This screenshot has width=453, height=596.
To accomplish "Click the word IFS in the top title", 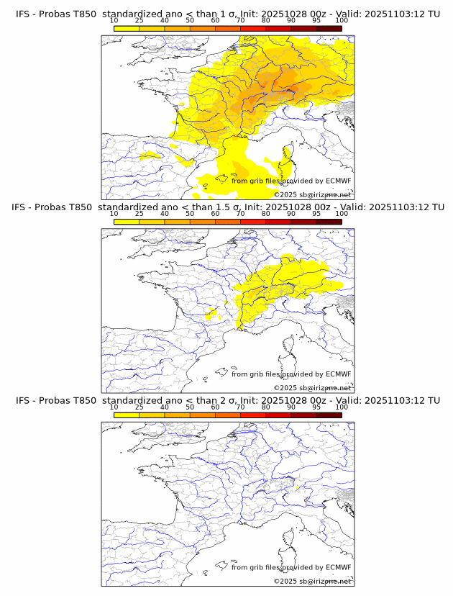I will click(x=23, y=14).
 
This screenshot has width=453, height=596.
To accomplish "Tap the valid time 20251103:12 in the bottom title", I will click(x=402, y=401).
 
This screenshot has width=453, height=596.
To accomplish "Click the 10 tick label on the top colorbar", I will click(x=114, y=20).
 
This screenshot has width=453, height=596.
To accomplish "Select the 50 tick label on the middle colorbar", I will click(x=190, y=214).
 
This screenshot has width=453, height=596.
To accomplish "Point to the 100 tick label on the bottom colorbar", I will click(x=342, y=407).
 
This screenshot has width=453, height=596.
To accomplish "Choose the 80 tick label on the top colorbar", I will click(x=266, y=20).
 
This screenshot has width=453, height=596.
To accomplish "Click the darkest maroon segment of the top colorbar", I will click(x=329, y=28).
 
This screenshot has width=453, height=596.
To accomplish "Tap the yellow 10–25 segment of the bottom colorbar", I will click(x=126, y=415).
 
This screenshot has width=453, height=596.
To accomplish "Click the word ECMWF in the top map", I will click(x=338, y=181).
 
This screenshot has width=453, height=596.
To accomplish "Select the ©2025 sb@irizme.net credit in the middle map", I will click(x=312, y=388).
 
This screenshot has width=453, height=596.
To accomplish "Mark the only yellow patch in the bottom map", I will click(x=297, y=489).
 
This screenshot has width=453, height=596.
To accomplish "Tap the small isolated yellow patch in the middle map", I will click(x=211, y=313).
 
